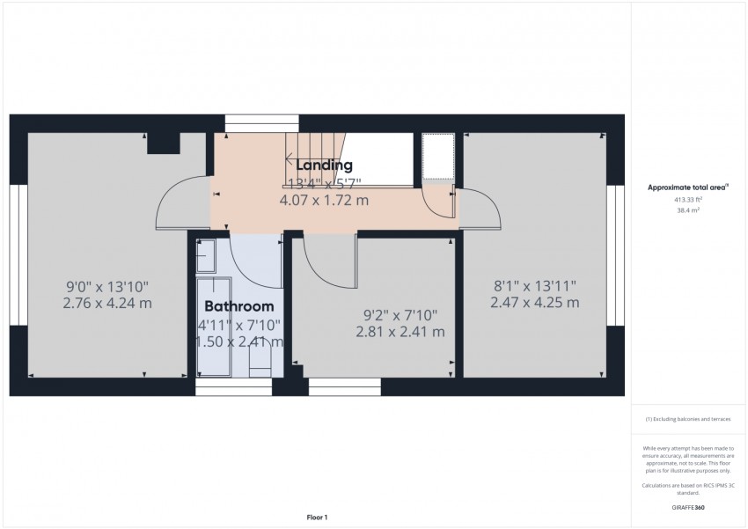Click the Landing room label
324,165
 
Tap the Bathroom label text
238,307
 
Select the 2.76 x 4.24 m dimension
107,304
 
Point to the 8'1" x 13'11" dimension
534,285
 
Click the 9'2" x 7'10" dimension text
400,314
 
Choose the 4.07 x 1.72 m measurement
324,201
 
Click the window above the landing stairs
248,123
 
